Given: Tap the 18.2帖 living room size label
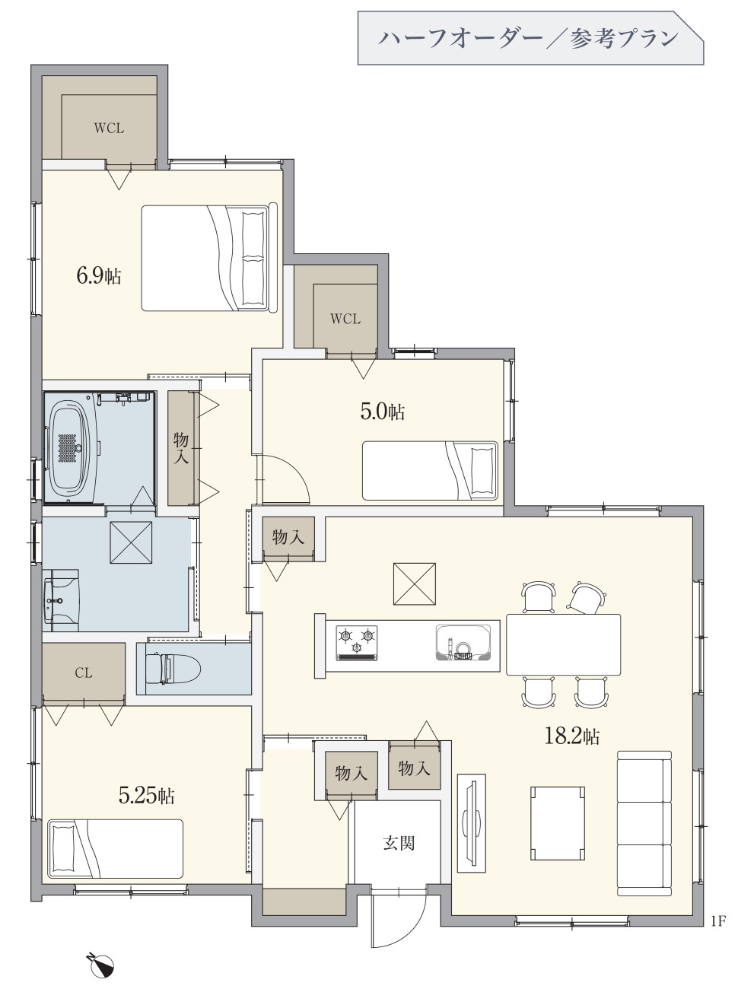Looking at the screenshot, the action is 572,736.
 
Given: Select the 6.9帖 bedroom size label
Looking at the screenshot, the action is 99,275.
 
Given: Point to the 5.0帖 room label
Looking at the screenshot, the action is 383,412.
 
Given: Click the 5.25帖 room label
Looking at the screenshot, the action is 146,796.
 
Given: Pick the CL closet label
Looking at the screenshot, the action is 84,673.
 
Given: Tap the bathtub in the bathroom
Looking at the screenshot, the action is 69,449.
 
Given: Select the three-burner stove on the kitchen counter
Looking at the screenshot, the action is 357,643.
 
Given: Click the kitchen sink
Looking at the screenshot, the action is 463,642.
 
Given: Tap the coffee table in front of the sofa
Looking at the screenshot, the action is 558,823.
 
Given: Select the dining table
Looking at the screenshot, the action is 564,644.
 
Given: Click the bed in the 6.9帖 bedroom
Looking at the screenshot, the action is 209,258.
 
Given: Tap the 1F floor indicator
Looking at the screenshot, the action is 719,921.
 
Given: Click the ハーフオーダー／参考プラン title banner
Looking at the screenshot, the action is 530,38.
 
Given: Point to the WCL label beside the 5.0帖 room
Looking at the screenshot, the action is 345,319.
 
